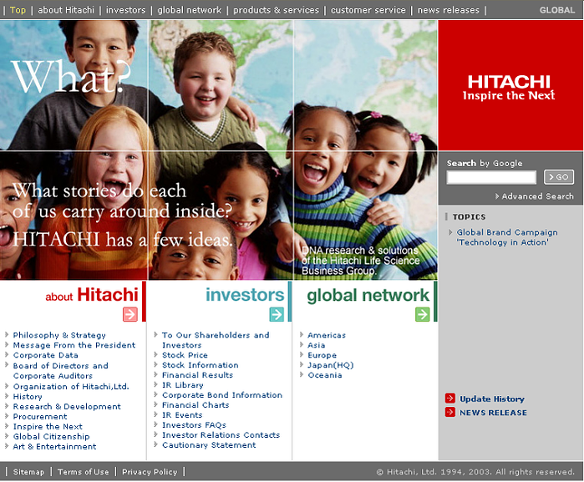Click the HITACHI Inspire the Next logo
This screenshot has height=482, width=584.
[x=509, y=88]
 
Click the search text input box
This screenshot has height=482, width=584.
[x=491, y=177]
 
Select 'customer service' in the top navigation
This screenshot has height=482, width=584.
[x=368, y=10]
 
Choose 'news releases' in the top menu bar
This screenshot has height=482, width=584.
[x=448, y=10]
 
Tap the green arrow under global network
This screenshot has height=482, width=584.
[x=423, y=314]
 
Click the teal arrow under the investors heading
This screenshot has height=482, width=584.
[x=277, y=314]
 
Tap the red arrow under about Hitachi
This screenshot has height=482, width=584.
[x=130, y=314]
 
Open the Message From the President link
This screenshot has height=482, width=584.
[x=74, y=345]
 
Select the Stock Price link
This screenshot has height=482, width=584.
[x=185, y=355]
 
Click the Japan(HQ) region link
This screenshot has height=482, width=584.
[x=330, y=365]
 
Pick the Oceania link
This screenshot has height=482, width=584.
[x=325, y=375]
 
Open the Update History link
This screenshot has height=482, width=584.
[x=491, y=399]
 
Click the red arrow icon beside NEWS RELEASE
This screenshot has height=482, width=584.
[x=450, y=412]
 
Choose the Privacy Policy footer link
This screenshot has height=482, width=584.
[x=150, y=472]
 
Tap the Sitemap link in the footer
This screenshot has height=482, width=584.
[x=28, y=472]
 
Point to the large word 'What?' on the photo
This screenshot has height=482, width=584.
[x=72, y=76]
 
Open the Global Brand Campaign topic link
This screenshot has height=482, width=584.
[x=507, y=237]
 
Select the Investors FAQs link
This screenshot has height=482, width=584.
[x=194, y=425]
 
